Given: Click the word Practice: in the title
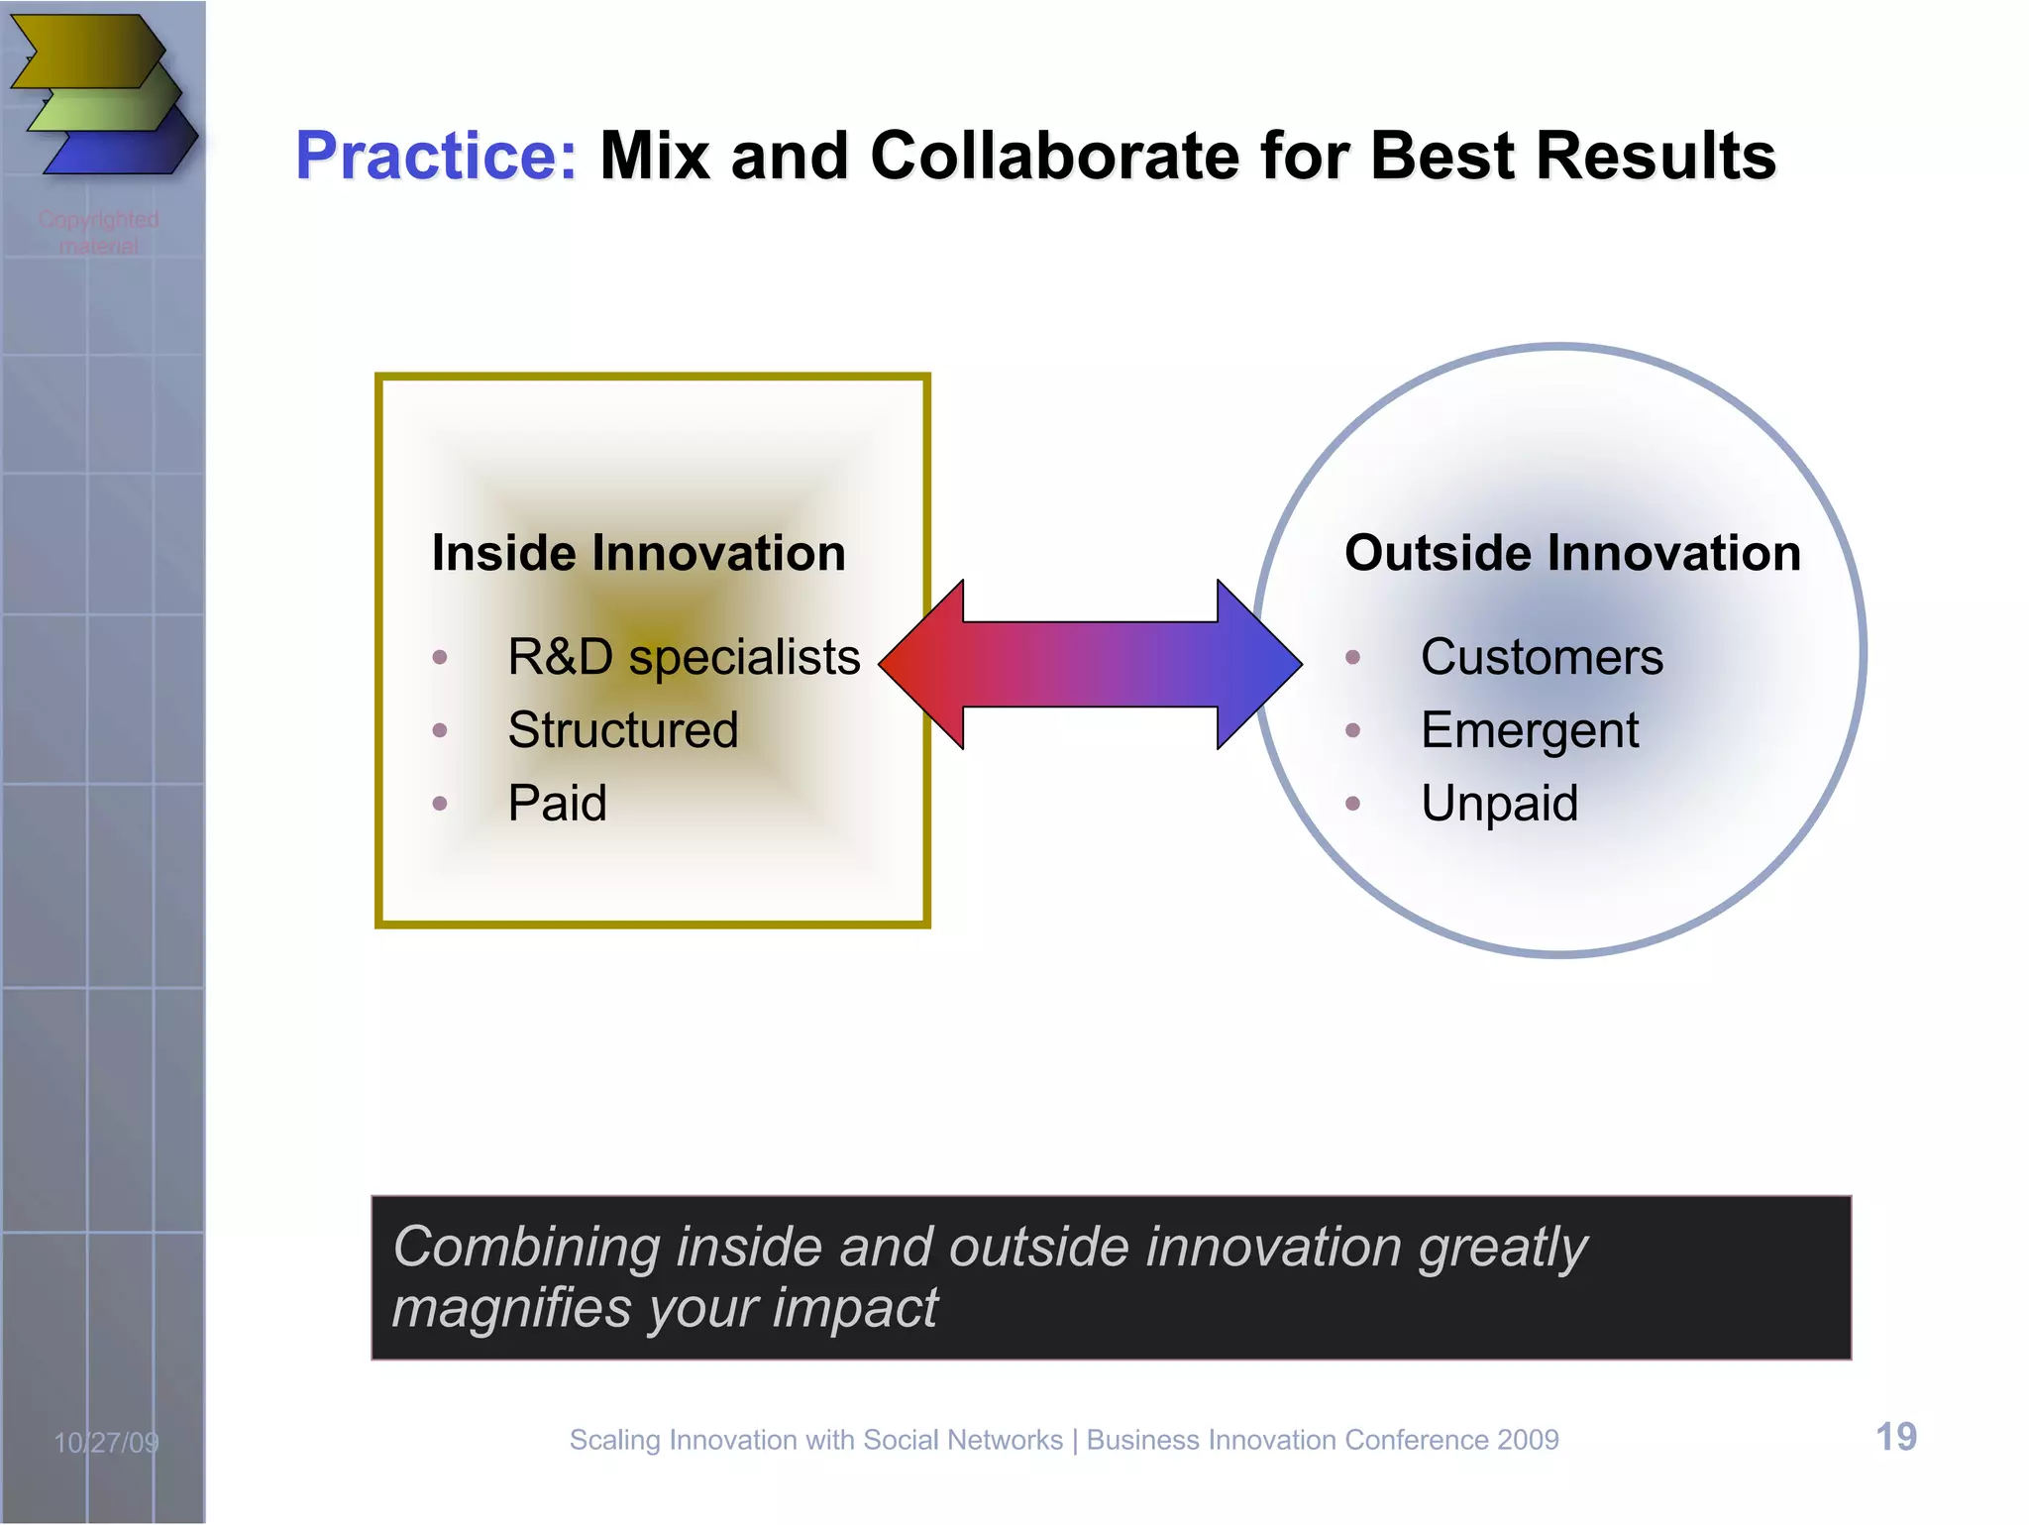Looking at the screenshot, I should pos(436,157).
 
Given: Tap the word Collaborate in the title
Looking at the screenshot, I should pos(1054,157).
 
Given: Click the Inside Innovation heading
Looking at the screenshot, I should pos(638,553).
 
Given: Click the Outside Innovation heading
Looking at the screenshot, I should pos(1571,553).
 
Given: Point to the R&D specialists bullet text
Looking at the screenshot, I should pos(684,657).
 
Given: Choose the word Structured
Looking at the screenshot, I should pos(622,730).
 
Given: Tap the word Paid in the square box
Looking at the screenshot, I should pos(557,803).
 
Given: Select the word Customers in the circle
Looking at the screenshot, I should pos(1542,657).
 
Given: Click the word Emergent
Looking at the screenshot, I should pos(1529,731).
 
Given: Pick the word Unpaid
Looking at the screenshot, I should pos(1499,804).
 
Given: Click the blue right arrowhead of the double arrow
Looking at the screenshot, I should pos(1258,664).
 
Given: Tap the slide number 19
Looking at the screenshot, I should pos(1895,1437).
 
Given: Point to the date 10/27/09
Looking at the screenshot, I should pos(106,1443).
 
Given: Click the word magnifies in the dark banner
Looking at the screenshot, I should pos(511,1308).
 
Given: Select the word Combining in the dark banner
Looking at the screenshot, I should pos(526,1247).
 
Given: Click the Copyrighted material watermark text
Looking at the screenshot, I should pos(98,232).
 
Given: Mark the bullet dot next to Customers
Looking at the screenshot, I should pos(1352,657).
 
